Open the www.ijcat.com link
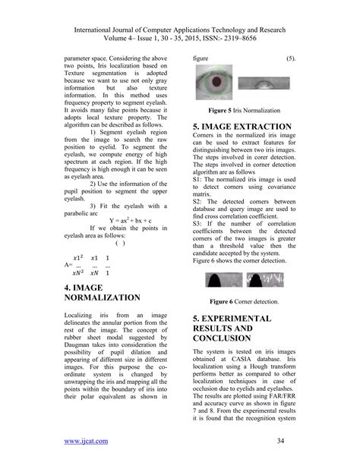87,439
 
